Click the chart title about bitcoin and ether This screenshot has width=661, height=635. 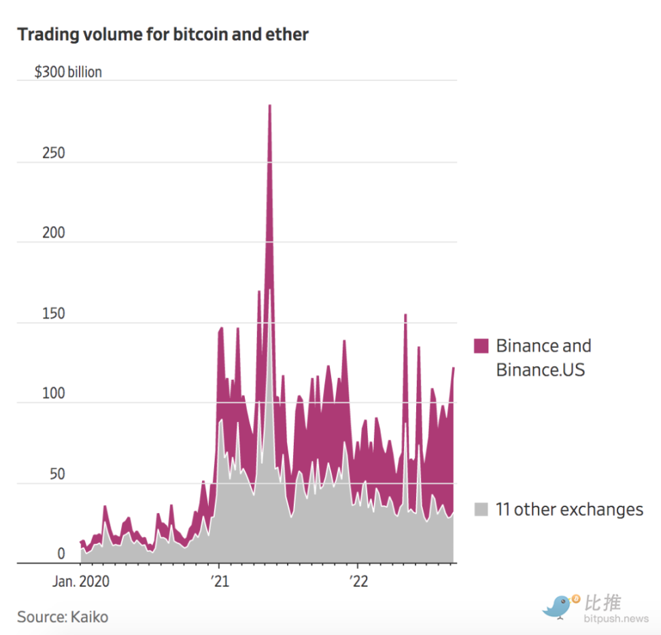click(163, 34)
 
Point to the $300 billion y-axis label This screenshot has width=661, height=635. click(68, 71)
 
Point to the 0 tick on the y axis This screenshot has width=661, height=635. click(61, 554)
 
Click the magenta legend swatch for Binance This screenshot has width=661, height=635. click(481, 346)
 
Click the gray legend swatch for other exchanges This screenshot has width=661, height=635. click(481, 509)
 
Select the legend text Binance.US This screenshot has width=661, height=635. click(541, 370)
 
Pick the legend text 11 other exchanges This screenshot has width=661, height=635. click(569, 509)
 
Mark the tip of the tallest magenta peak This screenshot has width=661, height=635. click(270, 105)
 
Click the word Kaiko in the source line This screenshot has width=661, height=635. click(88, 617)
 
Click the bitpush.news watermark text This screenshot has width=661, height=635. click(616, 619)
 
